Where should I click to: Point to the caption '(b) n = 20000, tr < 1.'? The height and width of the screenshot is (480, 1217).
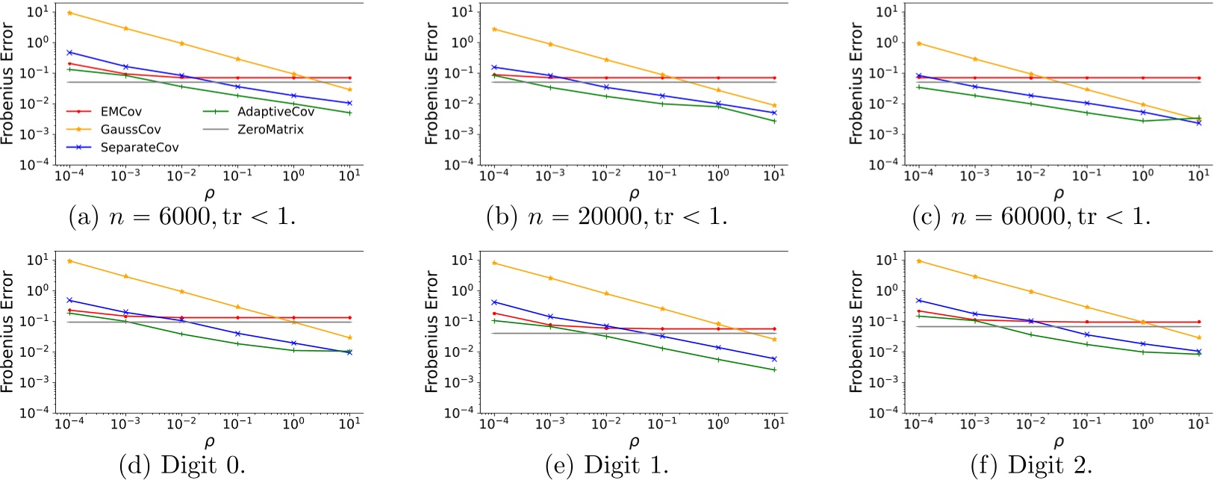pos(606,217)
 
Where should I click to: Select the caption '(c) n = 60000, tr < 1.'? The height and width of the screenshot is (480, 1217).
pos(1031,217)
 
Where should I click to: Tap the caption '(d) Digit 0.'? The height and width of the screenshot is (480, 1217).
pos(182,466)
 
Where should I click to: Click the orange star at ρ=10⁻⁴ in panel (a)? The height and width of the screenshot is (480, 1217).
pos(69,13)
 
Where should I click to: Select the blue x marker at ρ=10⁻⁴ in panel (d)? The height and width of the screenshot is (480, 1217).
pos(69,300)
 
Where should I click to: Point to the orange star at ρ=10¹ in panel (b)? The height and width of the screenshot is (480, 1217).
pos(774,106)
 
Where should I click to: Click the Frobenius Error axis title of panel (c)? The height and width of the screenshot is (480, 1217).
pos(856,83)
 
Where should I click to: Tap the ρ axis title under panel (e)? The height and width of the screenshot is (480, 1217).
pos(634,443)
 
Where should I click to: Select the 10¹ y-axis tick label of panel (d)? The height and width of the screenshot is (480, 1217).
pos(37,260)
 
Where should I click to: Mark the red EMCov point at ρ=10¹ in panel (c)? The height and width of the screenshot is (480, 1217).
pos(1199,78)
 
